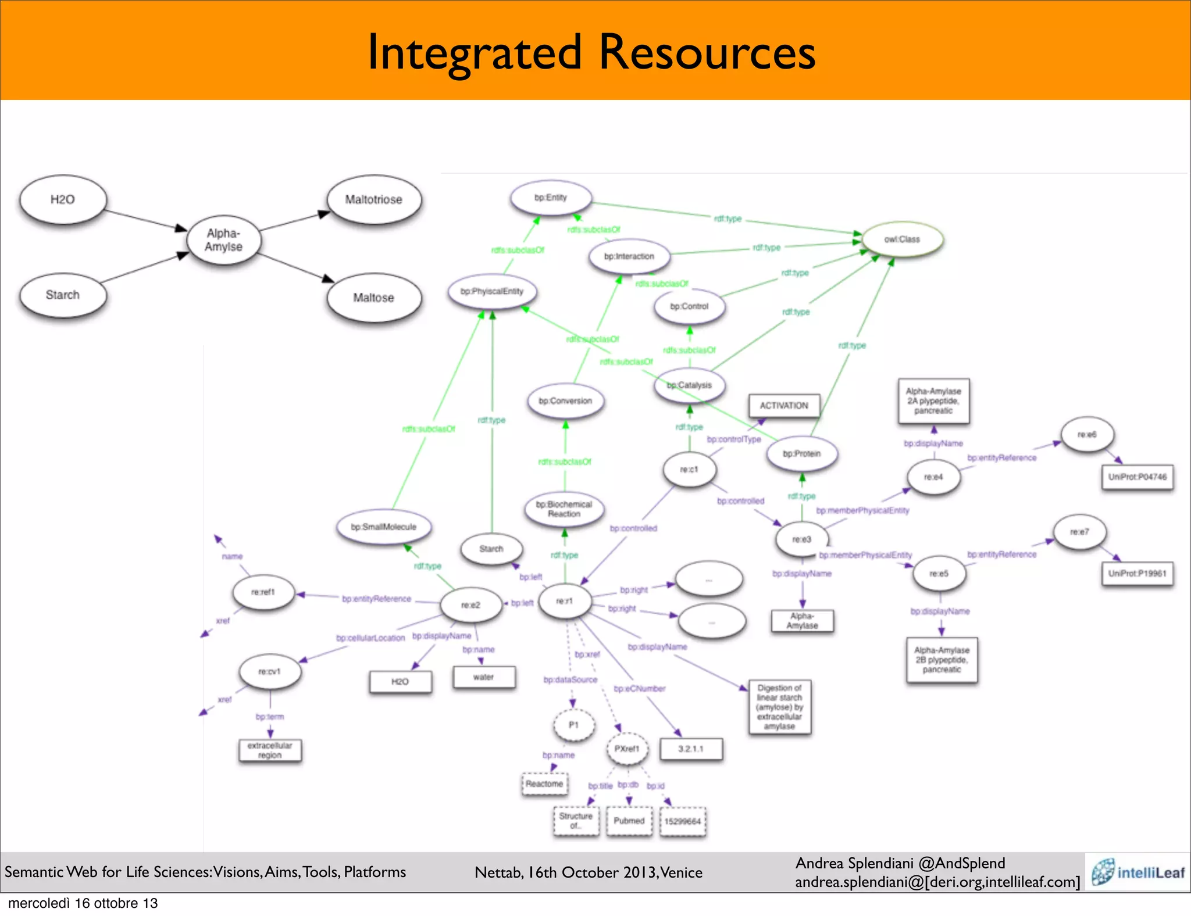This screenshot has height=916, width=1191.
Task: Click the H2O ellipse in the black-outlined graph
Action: pyautogui.click(x=63, y=200)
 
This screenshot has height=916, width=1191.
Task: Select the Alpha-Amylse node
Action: pyautogui.click(x=223, y=240)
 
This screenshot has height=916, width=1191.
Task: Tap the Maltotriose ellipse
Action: pyautogui.click(x=373, y=200)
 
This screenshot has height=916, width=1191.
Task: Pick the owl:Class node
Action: pyautogui.click(x=902, y=239)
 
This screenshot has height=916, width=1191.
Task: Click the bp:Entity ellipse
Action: pyautogui.click(x=551, y=198)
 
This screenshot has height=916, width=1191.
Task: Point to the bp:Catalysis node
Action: pyautogui.click(x=690, y=385)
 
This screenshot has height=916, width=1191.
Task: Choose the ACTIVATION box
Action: pyautogui.click(x=784, y=406)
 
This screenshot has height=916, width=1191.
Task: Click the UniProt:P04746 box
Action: pyautogui.click(x=1137, y=477)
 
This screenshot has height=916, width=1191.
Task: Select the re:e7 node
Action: pyautogui.click(x=1079, y=532)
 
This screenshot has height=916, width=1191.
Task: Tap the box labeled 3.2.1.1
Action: pyautogui.click(x=691, y=749)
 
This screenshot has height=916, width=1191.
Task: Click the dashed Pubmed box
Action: pyautogui.click(x=629, y=821)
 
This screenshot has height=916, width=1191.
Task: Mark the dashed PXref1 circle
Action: pyautogui.click(x=626, y=749)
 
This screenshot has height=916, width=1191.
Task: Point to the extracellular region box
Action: pyautogui.click(x=270, y=750)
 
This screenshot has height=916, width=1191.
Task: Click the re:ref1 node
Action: pyautogui.click(x=263, y=592)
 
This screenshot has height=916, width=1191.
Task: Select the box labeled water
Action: pyautogui.click(x=483, y=677)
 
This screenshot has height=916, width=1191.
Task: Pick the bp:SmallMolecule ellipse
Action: pyautogui.click(x=384, y=527)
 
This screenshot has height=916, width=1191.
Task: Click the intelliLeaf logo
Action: pyautogui.click(x=1137, y=872)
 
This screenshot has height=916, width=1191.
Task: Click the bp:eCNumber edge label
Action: pyautogui.click(x=640, y=689)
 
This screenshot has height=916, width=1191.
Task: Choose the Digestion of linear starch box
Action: pyautogui.click(x=779, y=707)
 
